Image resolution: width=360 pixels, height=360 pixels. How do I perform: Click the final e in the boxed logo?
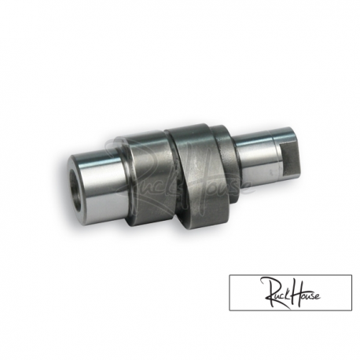point(326,306)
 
